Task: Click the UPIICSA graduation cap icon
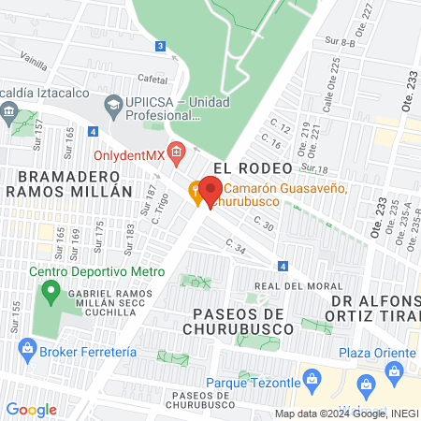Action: point(113,104)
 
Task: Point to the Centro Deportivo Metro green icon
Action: point(49,291)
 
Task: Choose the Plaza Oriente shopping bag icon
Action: point(366,382)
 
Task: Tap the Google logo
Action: point(31,410)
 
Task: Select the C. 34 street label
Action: point(235,246)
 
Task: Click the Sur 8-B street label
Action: point(339,43)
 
